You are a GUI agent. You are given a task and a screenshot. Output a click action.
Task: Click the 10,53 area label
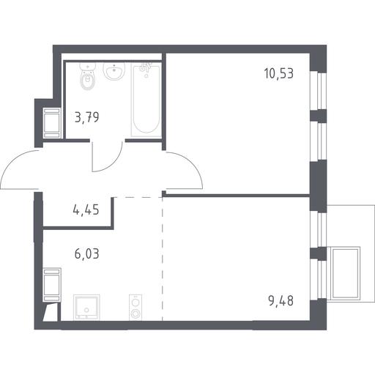279,73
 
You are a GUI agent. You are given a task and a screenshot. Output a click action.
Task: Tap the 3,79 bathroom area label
87,117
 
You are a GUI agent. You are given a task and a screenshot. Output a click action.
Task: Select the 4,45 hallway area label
86,210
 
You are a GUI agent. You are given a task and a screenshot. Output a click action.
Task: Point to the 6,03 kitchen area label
87,254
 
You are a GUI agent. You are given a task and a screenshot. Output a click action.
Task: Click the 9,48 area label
281,301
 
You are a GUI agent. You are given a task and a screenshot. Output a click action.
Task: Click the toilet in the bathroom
87,76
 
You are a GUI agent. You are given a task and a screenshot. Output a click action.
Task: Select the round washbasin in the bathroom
114,71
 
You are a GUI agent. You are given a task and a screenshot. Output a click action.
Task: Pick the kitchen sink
86,308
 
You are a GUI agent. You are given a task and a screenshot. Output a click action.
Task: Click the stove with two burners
135,308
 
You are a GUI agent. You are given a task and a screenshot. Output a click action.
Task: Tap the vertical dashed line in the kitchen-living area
163,259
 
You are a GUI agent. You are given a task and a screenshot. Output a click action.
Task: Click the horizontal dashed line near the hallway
138,197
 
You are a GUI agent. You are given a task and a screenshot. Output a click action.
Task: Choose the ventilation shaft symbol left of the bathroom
52,123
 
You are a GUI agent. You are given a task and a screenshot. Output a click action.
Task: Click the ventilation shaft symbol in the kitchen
52,285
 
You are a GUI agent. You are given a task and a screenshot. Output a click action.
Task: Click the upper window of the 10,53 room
319,90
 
